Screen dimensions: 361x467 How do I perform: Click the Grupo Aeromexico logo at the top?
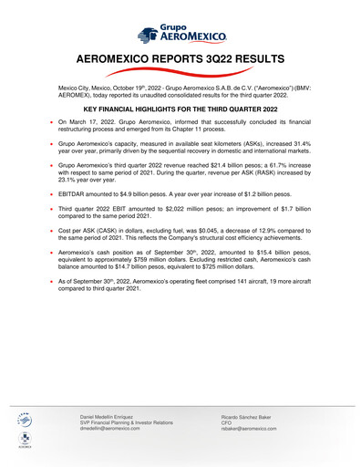(x=180, y=35)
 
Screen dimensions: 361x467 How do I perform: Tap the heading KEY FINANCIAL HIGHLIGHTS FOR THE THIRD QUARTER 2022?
(x=180, y=108)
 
